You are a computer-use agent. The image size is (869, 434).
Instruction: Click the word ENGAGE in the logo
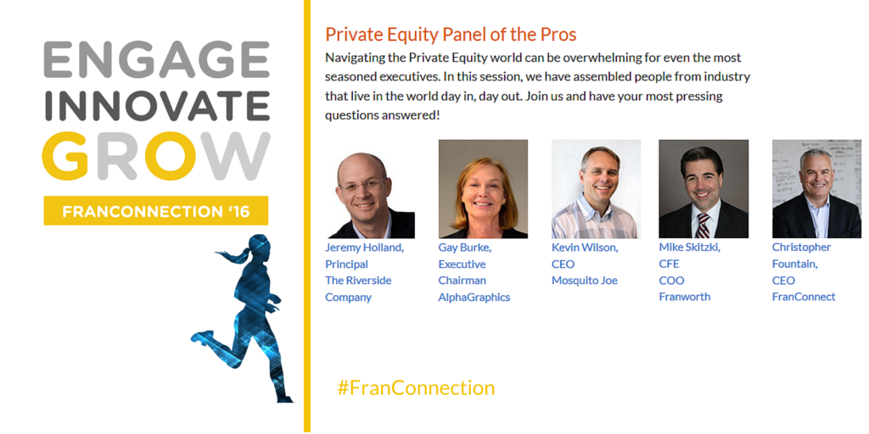[156, 59]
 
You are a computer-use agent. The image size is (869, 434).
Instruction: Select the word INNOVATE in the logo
[157, 105]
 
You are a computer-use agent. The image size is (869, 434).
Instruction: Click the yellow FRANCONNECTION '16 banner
[156, 210]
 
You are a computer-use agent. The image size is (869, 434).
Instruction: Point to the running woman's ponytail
[233, 255]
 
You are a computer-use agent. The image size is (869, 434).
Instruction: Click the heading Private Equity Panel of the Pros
[451, 34]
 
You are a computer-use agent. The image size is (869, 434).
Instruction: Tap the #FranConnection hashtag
[416, 387]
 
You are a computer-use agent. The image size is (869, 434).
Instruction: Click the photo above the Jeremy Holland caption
[370, 195]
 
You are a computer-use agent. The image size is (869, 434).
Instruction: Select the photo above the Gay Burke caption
[483, 189]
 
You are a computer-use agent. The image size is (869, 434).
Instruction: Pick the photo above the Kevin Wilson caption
[596, 189]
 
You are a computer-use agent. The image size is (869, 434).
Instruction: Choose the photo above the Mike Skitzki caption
[704, 189]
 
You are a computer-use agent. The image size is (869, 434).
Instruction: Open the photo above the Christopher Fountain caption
[816, 189]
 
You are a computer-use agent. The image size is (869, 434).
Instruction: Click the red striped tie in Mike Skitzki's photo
[703, 225]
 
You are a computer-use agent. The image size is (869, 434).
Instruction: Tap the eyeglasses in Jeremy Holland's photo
[363, 185]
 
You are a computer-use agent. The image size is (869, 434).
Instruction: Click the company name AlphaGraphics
[474, 298]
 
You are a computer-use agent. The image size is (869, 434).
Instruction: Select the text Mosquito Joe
[584, 281]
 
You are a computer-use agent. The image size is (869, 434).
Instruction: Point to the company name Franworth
[685, 297]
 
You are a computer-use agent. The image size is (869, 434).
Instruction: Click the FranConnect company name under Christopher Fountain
[804, 297]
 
